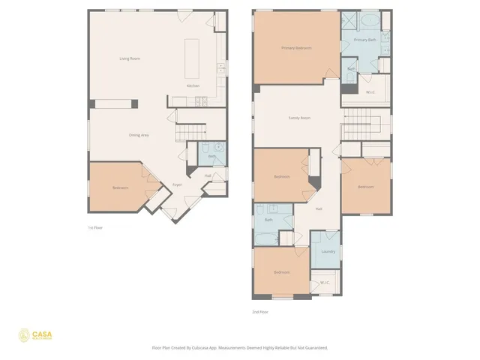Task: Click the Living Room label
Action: click(x=130, y=58)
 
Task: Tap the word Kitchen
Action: click(x=193, y=85)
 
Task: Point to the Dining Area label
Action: click(x=139, y=135)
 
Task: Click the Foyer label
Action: click(x=177, y=184)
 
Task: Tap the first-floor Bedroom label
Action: click(x=120, y=187)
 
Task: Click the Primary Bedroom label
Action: click(x=296, y=48)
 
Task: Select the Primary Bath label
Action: click(x=365, y=40)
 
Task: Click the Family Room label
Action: click(x=300, y=118)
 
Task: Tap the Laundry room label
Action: click(x=328, y=251)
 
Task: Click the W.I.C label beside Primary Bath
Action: click(x=370, y=91)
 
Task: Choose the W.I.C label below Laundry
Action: click(x=325, y=283)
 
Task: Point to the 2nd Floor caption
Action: click(x=260, y=311)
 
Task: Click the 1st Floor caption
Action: click(x=95, y=226)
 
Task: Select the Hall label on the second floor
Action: click(x=319, y=208)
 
